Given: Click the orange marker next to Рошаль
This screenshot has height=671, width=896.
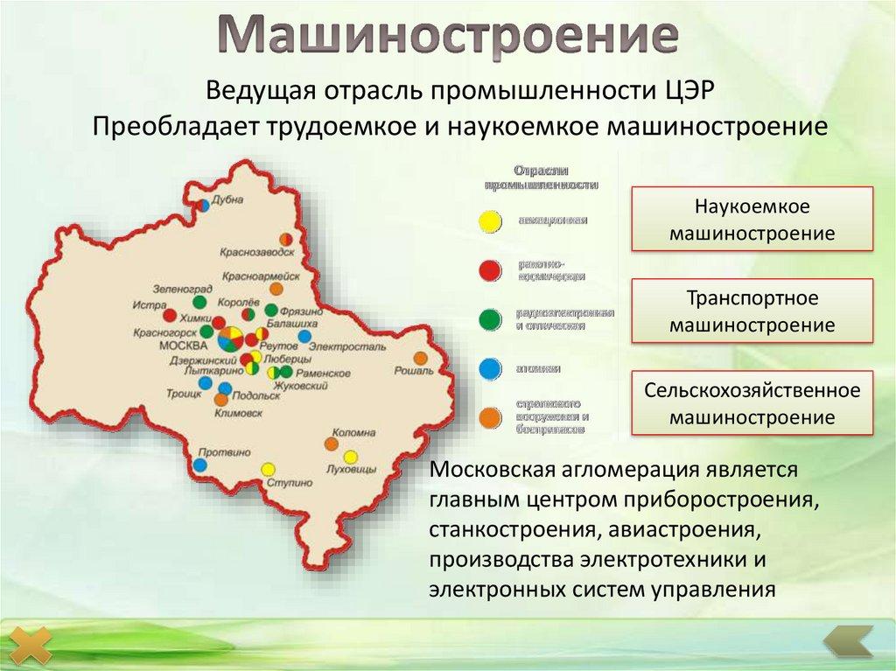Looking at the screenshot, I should (x=421, y=358).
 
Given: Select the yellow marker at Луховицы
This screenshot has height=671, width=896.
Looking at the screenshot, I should (x=351, y=457).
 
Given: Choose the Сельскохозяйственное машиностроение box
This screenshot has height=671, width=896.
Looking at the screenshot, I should (x=752, y=403).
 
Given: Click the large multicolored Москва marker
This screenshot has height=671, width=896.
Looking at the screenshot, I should (x=231, y=338).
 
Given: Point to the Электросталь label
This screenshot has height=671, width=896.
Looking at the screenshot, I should (x=347, y=347).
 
